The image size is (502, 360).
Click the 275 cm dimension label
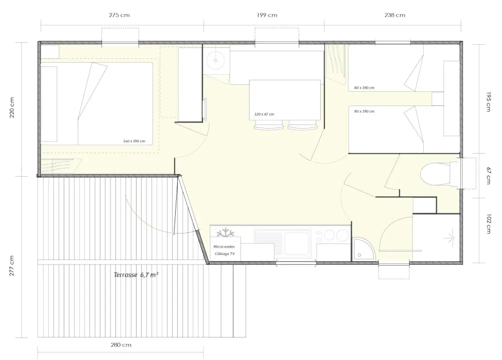tap(119, 15)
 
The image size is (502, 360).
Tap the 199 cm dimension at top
tap(267, 15)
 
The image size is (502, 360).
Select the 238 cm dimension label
tap(395, 15)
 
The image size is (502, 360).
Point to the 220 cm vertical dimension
tap(12, 107)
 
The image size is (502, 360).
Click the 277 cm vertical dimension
tap(12, 266)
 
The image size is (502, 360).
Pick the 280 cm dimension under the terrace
tap(121, 345)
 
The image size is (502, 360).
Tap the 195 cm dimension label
tap(488, 102)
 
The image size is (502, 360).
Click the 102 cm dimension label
tap(488, 224)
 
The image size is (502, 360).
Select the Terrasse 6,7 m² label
tap(136, 275)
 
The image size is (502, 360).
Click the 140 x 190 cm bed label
tap(134, 141)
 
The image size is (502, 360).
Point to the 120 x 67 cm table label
tap(264, 114)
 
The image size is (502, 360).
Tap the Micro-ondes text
tap(224, 247)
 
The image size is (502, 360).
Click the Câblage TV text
tap(224, 254)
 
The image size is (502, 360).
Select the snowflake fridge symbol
tap(225, 232)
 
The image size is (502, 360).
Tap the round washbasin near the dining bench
tap(215, 60)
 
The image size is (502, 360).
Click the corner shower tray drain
tap(359, 255)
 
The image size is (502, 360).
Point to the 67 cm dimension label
tap(488, 176)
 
